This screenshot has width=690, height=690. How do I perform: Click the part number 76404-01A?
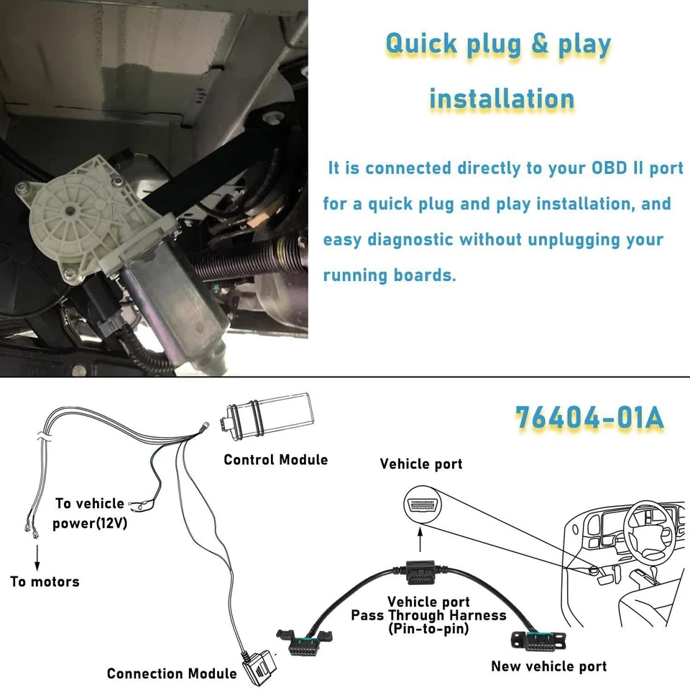click(x=589, y=418)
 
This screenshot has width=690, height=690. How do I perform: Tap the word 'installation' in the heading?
click(x=502, y=98)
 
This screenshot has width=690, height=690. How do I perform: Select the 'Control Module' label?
click(x=275, y=459)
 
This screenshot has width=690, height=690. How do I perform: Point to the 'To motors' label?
click(x=45, y=581)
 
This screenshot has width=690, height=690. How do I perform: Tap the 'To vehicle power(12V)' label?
click(x=90, y=513)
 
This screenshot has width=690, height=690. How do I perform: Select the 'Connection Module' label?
click(x=171, y=673)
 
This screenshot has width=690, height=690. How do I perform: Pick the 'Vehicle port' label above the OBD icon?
click(x=421, y=464)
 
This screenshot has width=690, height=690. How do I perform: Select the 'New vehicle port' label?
click(x=548, y=666)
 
